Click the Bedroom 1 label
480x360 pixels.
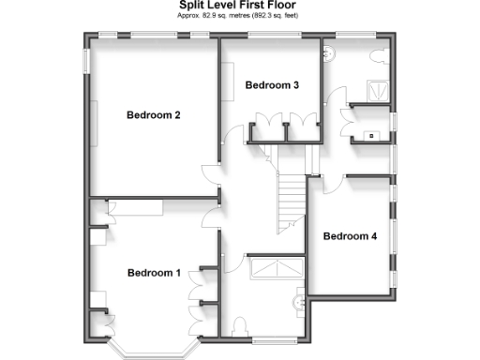(x=154, y=273)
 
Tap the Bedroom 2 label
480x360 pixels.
(x=154, y=115)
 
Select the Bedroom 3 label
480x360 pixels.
(x=272, y=85)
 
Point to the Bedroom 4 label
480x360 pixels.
(x=350, y=236)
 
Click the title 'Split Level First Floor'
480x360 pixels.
(x=239, y=6)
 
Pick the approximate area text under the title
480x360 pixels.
(x=239, y=17)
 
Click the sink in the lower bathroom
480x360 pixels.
(x=300, y=302)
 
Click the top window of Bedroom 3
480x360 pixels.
(x=272, y=37)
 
